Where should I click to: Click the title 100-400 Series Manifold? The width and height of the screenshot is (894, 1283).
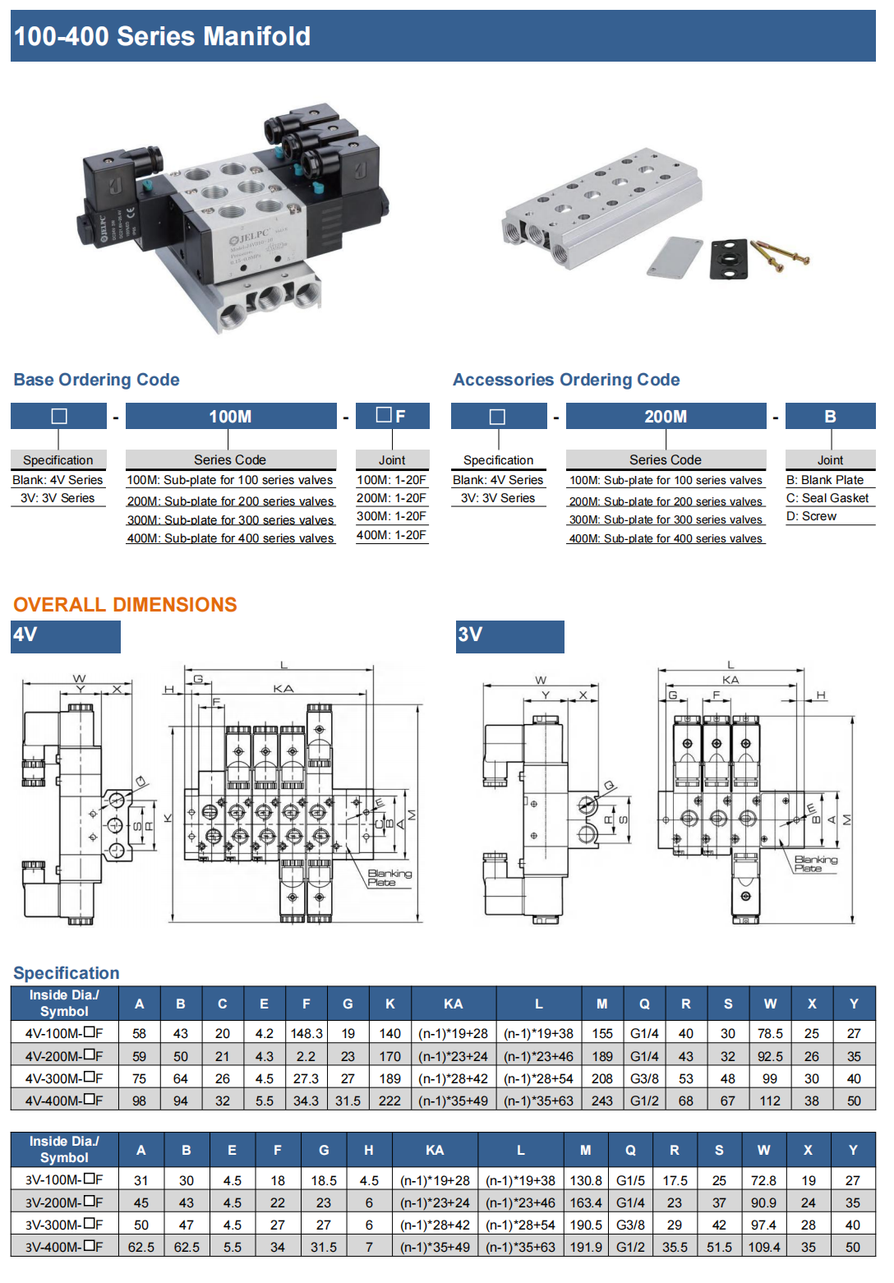coord(162,36)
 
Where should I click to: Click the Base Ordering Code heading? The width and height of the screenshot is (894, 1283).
coord(96,380)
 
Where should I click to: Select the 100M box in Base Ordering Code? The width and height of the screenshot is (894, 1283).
coord(230,416)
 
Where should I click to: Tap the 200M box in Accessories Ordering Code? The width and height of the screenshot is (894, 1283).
coord(666,416)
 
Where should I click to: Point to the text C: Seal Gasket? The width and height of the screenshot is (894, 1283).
coord(827,498)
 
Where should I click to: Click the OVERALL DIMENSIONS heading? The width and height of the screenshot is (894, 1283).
coord(125,605)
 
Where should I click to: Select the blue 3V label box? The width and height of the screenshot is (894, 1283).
coord(510,636)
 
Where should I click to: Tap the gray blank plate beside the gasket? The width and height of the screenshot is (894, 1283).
coord(675,257)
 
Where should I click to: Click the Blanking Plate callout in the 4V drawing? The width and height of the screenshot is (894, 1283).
coord(389,878)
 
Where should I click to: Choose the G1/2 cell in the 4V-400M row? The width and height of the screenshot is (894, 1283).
coord(644,1101)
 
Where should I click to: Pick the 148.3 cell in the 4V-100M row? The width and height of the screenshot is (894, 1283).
coord(306,1034)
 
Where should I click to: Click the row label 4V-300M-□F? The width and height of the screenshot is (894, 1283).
coord(64,1078)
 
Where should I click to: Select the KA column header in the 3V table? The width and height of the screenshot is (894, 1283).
coord(435,1150)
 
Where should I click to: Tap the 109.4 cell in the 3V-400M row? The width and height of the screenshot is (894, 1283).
coord(763,1247)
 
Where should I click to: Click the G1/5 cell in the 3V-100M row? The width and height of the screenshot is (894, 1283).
coord(630,1180)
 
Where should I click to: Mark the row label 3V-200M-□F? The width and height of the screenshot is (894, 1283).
coord(64,1202)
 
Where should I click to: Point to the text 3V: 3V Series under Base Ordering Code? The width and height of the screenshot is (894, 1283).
coord(58,498)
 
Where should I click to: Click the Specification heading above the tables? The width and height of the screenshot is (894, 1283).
coord(67,973)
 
